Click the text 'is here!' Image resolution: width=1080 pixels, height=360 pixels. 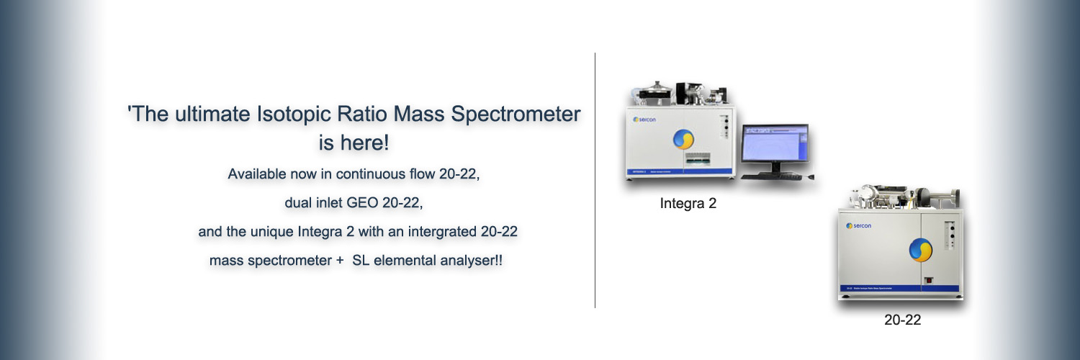click(354, 143)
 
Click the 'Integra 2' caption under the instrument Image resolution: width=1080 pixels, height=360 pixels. click(688, 204)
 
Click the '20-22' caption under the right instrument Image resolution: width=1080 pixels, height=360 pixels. click(902, 320)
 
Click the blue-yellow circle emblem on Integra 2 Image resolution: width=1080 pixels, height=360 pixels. click(683, 140)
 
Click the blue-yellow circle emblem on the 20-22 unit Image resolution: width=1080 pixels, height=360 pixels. click(920, 250)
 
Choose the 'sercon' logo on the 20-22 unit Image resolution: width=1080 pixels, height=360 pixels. click(859, 225)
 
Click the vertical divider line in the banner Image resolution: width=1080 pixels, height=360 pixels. click(595, 180)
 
